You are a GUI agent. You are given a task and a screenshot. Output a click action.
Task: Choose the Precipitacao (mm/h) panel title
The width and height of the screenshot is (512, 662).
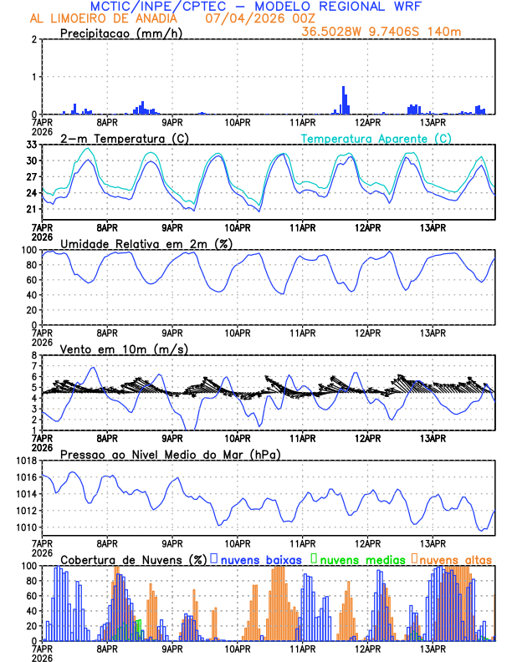pyautogui.click(x=122, y=33)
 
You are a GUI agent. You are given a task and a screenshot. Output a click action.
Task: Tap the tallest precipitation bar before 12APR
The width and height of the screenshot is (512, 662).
pyautogui.click(x=343, y=99)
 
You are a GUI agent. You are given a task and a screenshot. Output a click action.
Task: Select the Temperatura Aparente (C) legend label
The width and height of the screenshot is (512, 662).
pyautogui.click(x=376, y=138)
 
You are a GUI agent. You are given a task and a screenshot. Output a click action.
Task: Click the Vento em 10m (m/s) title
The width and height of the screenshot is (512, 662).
pyautogui.click(x=124, y=349)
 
